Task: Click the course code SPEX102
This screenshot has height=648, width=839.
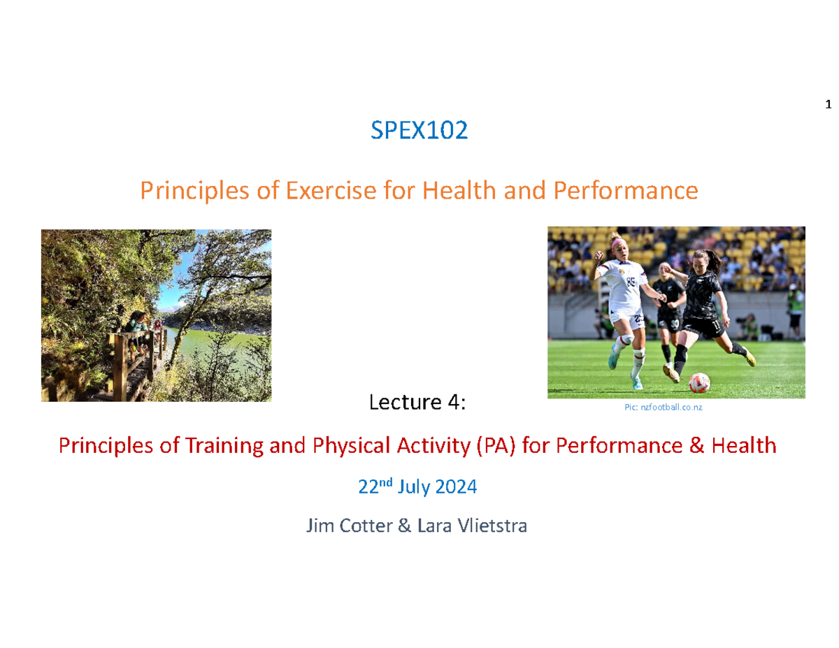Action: click(419, 130)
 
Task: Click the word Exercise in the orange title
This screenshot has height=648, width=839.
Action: click(331, 190)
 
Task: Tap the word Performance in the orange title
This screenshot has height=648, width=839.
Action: click(626, 190)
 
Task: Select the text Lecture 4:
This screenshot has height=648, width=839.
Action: click(417, 402)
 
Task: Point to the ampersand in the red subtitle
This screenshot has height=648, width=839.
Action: click(696, 445)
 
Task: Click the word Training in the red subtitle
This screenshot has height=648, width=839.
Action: click(224, 446)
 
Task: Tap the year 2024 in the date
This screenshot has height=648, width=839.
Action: click(456, 487)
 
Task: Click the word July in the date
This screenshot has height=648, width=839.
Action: click(413, 487)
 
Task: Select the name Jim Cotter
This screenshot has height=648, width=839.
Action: click(350, 526)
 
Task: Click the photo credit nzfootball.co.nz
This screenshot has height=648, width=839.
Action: click(671, 407)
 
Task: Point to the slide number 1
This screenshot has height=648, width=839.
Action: click(828, 104)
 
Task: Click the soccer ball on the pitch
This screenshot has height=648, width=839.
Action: click(699, 382)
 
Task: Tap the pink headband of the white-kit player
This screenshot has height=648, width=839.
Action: click(619, 243)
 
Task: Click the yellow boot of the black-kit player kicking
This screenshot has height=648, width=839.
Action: click(750, 357)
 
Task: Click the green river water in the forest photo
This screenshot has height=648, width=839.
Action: click(216, 350)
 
